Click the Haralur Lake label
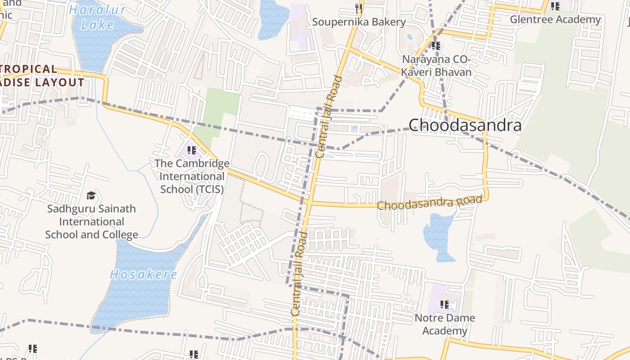98,17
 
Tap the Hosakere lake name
144,274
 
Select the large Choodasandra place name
465,125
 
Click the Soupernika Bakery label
359,22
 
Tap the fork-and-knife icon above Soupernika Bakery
359,8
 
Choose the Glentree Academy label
555,19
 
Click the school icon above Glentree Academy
555,6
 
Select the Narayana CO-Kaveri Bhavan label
436,66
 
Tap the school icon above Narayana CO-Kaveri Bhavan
436,45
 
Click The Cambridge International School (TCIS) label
192,176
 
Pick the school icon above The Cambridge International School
192,150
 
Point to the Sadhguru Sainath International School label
91,221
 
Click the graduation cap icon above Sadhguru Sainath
91,195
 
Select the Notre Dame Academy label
445,324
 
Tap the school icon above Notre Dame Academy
445,305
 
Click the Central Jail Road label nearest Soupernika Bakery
328,117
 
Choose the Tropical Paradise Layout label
40,76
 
